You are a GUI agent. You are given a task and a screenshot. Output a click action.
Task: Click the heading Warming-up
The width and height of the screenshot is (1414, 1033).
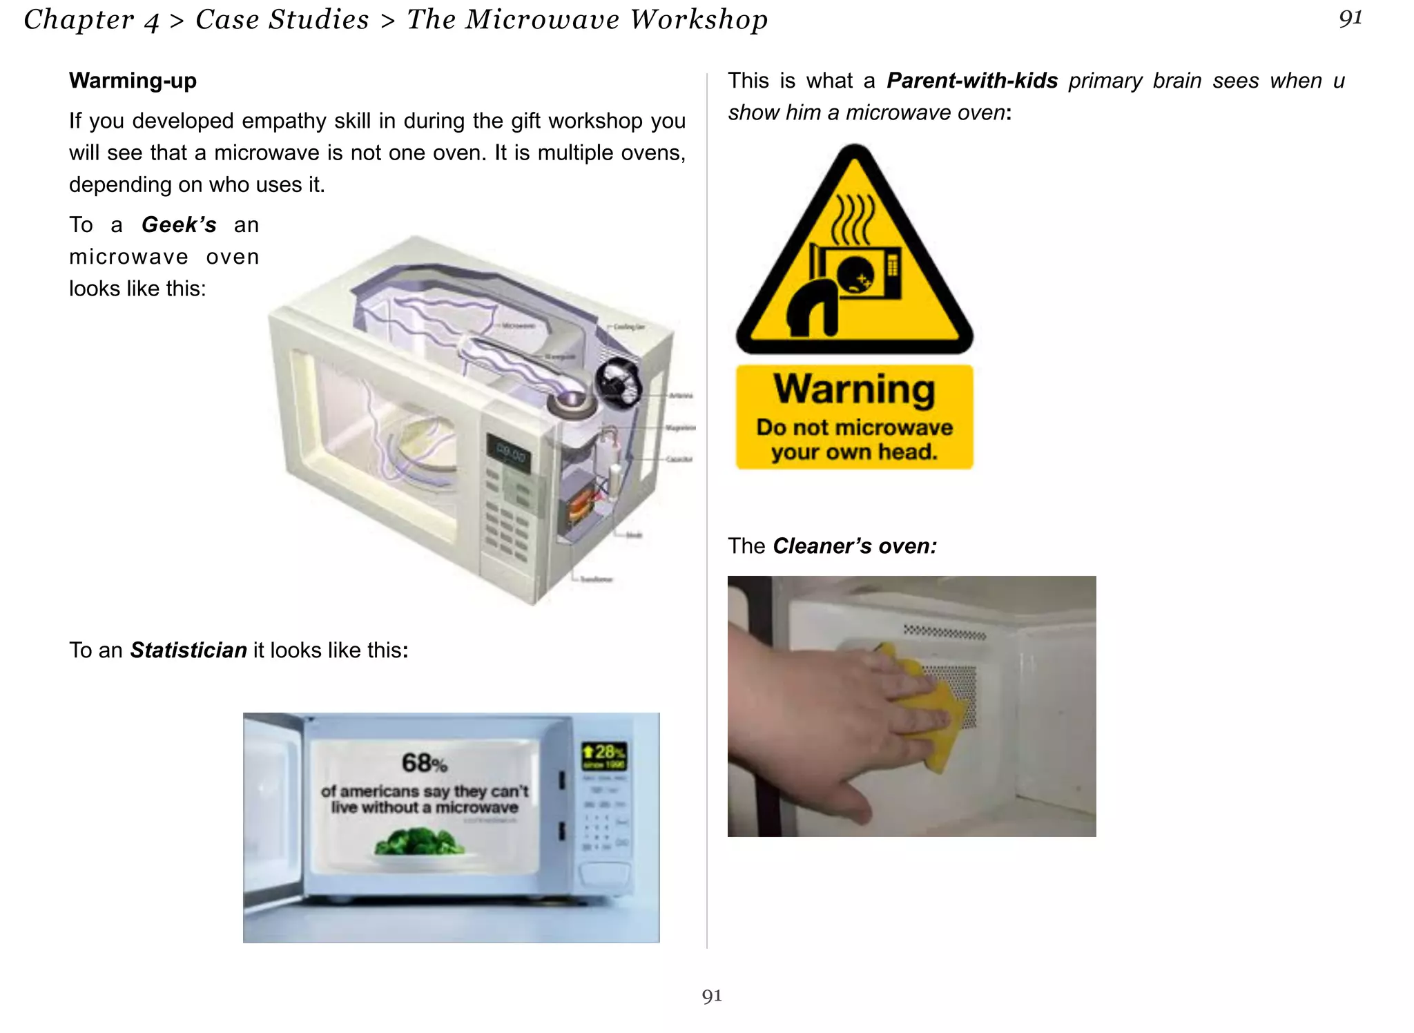pos(133,81)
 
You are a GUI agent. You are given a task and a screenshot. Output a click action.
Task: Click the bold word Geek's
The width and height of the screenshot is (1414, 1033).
pos(179,225)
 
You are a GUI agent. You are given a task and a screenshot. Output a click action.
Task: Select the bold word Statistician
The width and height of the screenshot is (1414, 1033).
pos(188,650)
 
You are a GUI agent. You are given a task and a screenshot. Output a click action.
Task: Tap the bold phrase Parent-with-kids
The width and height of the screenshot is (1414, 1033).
pos(972,81)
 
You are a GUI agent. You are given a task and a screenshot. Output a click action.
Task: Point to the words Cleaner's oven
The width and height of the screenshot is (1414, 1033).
pos(855,546)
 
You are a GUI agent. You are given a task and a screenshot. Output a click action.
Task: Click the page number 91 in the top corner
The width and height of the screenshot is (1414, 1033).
pos(1350,19)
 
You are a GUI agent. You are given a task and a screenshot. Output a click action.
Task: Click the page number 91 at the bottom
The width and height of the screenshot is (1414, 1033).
pos(712,996)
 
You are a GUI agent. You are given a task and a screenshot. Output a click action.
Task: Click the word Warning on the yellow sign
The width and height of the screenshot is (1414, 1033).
pos(854,389)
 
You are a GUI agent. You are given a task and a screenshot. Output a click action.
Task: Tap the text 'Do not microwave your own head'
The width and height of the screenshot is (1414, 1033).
pos(854,440)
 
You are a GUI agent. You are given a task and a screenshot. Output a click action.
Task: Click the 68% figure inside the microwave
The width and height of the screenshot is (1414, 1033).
pos(424,763)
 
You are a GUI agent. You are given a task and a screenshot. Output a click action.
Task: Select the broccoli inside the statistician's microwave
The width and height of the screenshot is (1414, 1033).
pos(418,842)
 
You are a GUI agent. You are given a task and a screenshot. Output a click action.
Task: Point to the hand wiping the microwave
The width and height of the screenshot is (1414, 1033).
pos(829,732)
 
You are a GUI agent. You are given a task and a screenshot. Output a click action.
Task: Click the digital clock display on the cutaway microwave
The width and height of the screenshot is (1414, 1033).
pos(510,454)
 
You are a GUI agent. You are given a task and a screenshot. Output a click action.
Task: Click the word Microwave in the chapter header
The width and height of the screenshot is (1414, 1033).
pos(542,20)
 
